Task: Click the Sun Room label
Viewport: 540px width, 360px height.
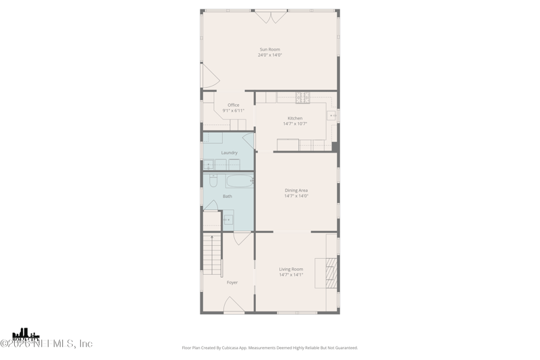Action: click(269, 49)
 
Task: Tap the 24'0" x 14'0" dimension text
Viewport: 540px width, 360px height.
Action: click(269, 55)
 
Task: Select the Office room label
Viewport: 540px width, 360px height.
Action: click(233, 105)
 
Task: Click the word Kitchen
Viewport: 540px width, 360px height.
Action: click(295, 118)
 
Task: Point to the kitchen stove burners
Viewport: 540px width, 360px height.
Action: click(302, 97)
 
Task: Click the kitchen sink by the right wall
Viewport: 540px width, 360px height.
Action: click(331, 116)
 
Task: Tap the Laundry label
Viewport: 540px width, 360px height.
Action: click(229, 153)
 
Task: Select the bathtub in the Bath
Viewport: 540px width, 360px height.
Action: click(239, 181)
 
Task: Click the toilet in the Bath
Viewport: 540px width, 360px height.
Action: click(213, 180)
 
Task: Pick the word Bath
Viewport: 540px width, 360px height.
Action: click(227, 197)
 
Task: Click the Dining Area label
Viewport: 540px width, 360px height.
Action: click(296, 190)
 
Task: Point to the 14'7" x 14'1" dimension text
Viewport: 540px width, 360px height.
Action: click(291, 275)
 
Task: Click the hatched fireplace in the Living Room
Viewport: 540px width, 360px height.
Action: click(330, 272)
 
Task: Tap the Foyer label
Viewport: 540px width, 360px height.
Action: click(232, 282)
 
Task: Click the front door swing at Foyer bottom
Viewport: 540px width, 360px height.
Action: click(233, 307)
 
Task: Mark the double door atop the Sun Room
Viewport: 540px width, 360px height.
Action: click(271, 16)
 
